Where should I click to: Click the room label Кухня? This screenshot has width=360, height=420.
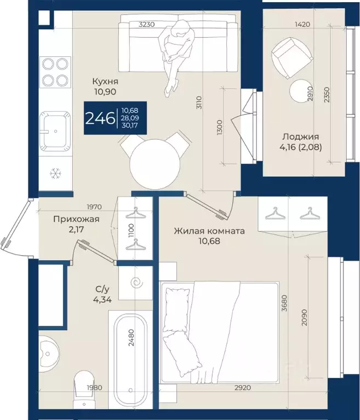tap(105, 81)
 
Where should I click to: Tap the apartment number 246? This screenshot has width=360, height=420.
tap(100, 118)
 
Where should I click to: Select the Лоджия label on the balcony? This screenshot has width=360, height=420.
tap(300, 137)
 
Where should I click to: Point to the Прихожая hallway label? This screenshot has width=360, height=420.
tap(76, 219)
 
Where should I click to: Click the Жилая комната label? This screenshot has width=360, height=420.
tap(209, 231)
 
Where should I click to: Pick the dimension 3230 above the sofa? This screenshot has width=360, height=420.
tap(147, 25)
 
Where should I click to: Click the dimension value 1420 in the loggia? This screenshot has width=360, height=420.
tap(302, 25)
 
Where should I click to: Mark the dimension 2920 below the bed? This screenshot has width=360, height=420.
tap(243, 387)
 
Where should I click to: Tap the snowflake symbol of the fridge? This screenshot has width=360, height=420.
tap(56, 174)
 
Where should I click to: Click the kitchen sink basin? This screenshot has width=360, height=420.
tap(55, 131)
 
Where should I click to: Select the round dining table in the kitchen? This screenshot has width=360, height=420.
tap(155, 164)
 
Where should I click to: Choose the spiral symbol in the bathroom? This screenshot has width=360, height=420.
tap(136, 283)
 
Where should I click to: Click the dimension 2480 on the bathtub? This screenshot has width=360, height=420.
tap(131, 337)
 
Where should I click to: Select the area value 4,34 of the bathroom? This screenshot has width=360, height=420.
tap(102, 300)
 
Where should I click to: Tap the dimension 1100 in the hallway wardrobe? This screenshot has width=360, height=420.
tap(131, 231)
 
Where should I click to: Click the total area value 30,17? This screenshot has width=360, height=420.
tap(130, 125)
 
